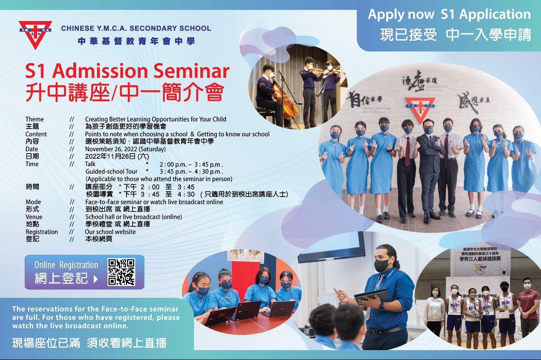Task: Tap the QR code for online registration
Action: (121, 272)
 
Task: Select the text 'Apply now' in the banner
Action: (401, 14)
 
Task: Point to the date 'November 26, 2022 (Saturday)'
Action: (125, 149)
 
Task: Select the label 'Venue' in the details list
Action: (34, 217)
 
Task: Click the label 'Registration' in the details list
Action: (42, 232)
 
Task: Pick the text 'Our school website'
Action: (110, 232)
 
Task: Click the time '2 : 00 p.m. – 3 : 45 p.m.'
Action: (191, 164)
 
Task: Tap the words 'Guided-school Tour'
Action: (112, 172)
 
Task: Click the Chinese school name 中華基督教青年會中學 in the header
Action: (136, 41)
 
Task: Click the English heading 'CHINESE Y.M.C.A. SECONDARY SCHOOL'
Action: (136, 28)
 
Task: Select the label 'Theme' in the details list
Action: (34, 119)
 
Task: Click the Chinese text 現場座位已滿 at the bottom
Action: (46, 343)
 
